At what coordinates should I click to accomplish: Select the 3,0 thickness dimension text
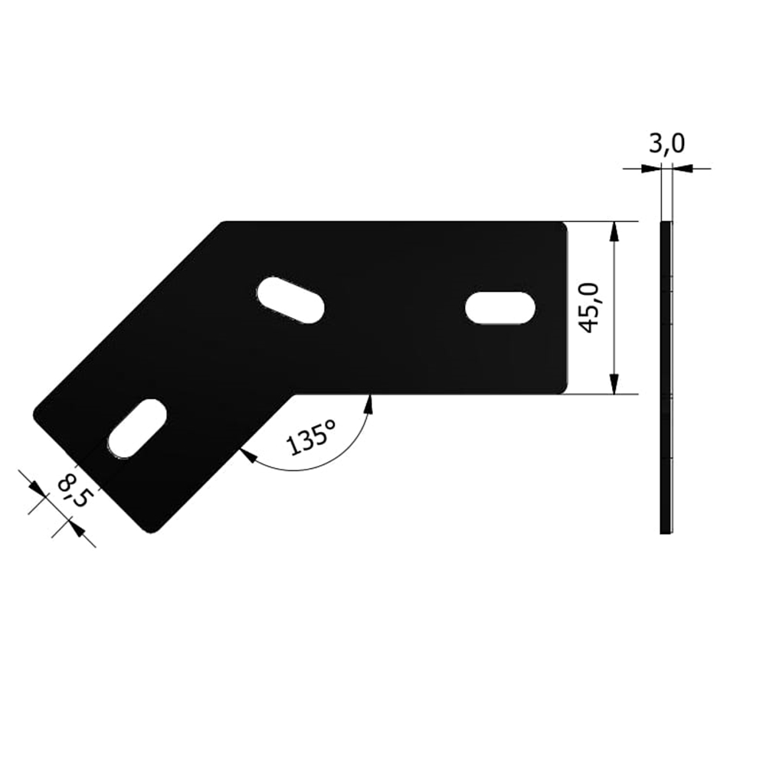coord(667,144)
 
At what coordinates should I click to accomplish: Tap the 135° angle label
coord(311,438)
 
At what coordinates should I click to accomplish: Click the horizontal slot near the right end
coord(499,308)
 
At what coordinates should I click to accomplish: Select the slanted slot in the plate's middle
coord(290,300)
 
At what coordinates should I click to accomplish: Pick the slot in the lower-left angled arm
coord(137,428)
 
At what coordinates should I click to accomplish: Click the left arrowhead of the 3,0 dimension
coord(650,169)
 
